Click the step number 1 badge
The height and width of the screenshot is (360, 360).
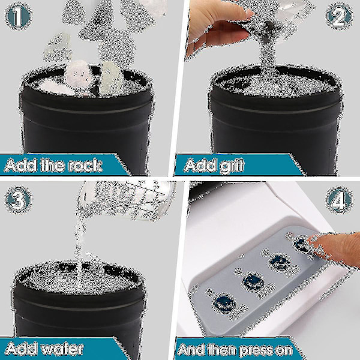pos(18,16)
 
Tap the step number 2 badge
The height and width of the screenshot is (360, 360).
pos(339,17)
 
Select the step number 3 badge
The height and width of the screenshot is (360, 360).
pos(19,200)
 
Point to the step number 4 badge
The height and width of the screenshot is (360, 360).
pos(339,200)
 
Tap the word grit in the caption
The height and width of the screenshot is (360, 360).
pos(232,166)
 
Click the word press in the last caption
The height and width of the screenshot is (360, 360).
pos(257,350)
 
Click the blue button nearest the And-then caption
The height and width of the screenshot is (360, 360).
pos(224,303)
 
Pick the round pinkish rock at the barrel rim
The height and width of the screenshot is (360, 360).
pos(79,74)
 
